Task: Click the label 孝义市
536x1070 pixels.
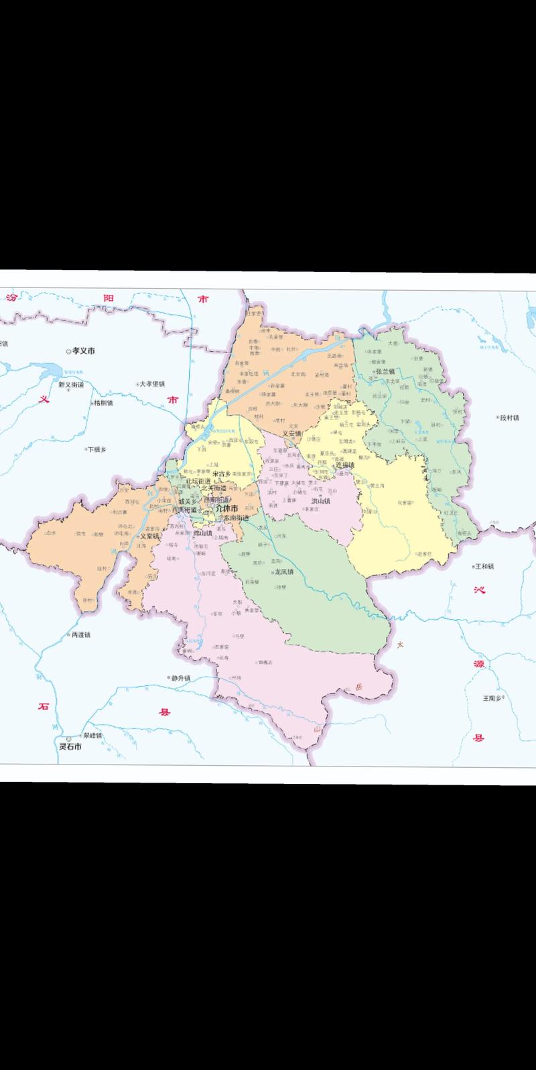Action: [x=84, y=350]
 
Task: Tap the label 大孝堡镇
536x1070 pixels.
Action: [x=152, y=384]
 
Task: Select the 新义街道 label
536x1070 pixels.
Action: [x=71, y=385]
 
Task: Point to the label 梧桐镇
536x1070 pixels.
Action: [x=103, y=403]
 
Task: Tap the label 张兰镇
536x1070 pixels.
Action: [x=385, y=371]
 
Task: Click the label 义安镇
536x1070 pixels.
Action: [x=293, y=433]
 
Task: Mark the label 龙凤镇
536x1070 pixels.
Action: [x=284, y=572]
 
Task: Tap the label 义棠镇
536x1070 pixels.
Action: [x=150, y=536]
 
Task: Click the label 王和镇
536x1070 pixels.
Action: [x=484, y=566]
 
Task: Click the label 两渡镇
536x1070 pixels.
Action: [x=80, y=634]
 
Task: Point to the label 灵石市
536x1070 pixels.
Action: [x=70, y=746]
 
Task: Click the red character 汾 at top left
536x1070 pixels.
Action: [x=11, y=299]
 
